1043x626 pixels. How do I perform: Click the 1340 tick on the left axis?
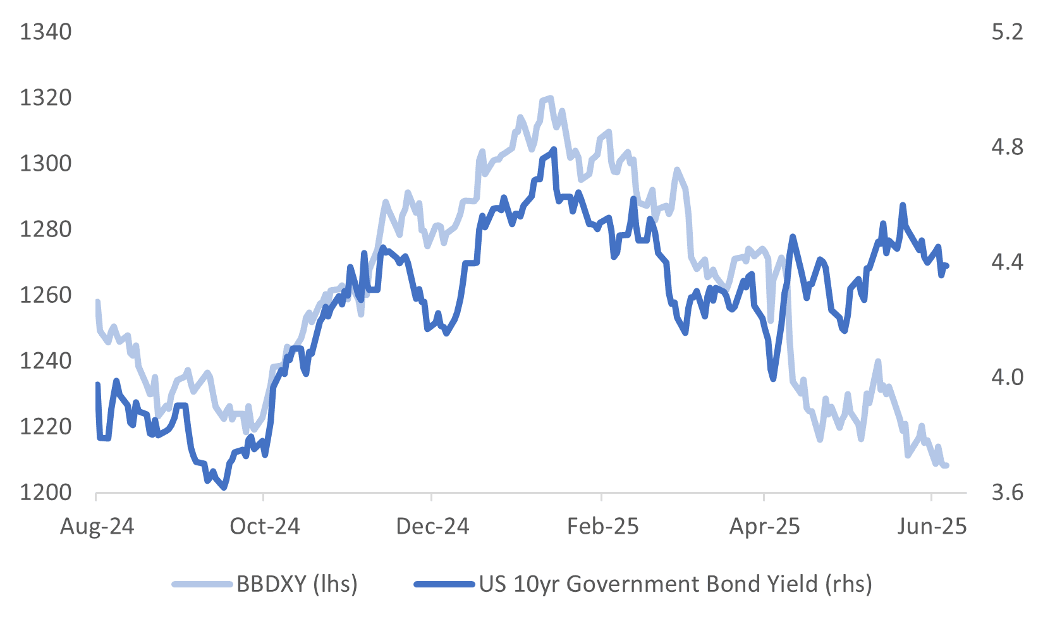click(46, 32)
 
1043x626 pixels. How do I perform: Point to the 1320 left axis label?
click(46, 98)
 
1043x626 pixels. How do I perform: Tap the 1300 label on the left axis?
click(46, 164)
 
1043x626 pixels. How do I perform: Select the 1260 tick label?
click(46, 295)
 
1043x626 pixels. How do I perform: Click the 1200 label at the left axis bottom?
click(46, 493)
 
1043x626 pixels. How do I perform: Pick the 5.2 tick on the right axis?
click(1007, 32)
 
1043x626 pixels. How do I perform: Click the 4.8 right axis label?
click(1007, 147)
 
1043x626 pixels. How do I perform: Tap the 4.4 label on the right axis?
click(1007, 262)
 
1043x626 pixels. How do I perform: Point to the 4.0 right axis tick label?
click(1007, 377)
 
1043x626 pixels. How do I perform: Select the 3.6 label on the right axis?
click(1007, 493)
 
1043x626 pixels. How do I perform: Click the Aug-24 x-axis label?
click(97, 527)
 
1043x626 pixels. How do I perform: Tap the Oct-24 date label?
click(265, 527)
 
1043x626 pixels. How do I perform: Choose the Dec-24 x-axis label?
click(432, 527)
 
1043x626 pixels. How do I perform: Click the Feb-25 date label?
click(602, 527)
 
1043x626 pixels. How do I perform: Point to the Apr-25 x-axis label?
click(765, 527)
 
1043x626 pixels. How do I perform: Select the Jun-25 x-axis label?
click(932, 527)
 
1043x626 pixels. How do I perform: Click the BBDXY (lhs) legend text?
click(297, 584)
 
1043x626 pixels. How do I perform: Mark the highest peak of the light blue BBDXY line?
click(550, 98)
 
